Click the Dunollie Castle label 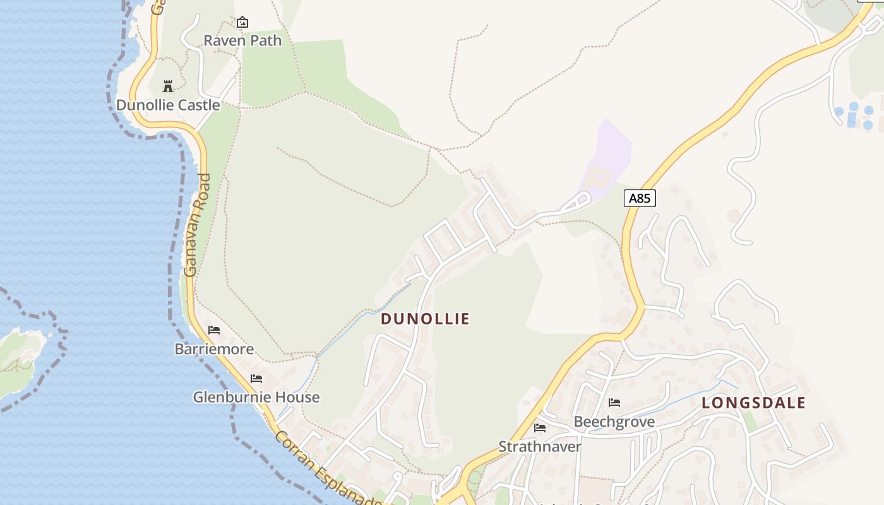168,105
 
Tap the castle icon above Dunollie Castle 168,86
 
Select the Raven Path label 242,40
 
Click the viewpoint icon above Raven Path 242,23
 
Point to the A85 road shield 640,198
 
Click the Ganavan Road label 196,225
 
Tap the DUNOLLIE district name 425,319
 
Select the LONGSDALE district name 753,403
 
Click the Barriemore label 214,349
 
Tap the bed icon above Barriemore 214,330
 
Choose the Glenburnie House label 256,397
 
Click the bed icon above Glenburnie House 256,379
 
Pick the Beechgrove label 614,422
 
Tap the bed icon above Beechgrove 614,403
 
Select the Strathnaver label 540,446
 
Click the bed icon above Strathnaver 540,428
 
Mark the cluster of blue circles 856,116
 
